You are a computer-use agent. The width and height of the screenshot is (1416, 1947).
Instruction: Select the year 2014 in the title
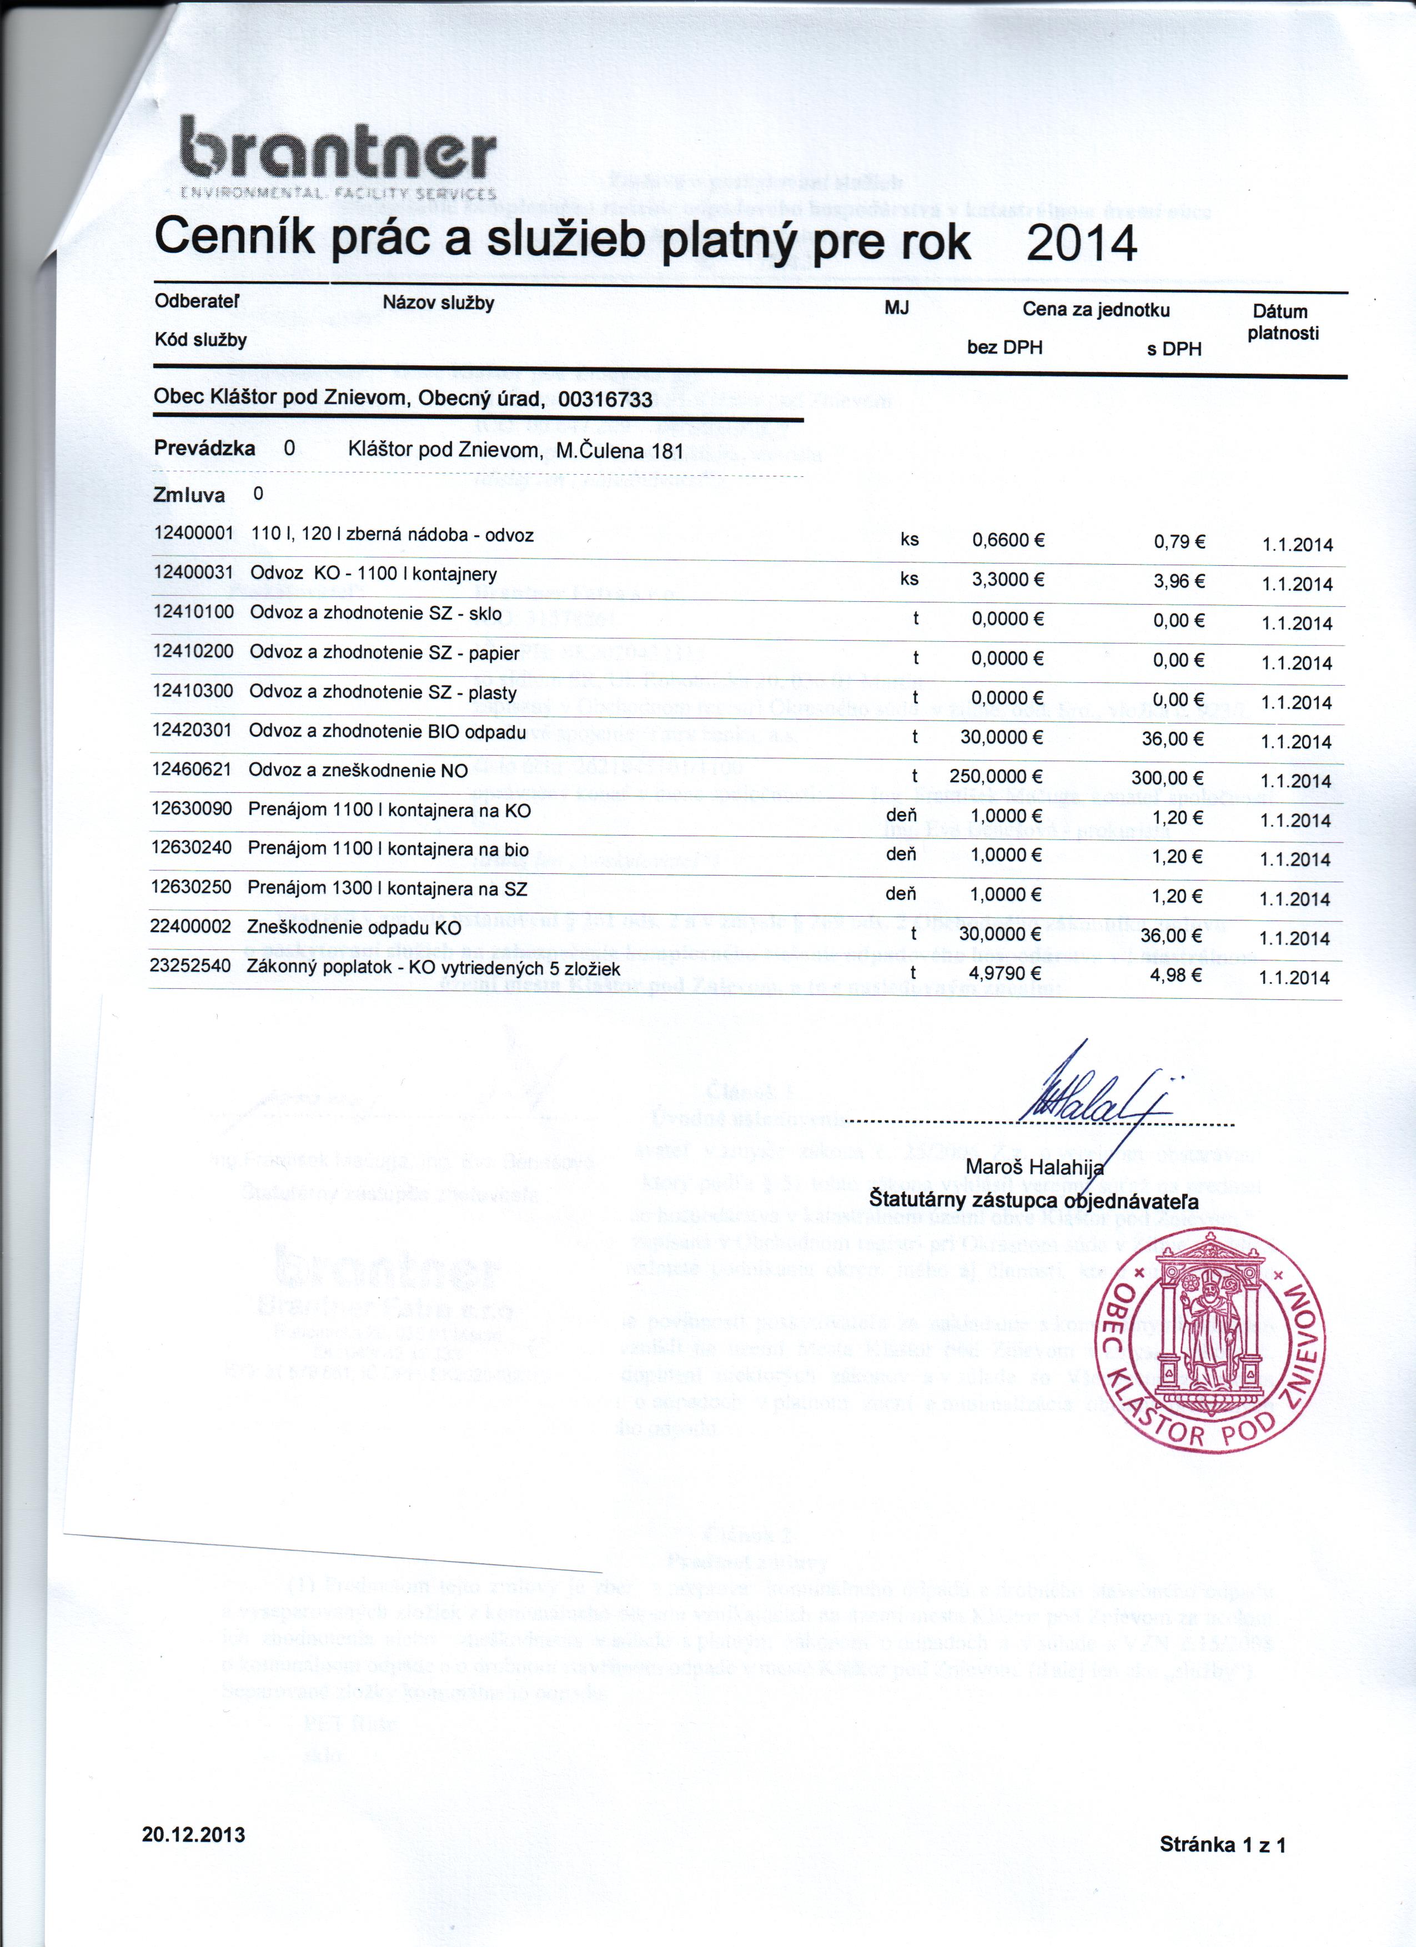point(1081,244)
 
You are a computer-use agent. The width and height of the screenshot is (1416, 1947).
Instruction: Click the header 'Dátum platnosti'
point(1282,322)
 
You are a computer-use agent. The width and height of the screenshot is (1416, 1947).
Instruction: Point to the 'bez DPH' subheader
point(1004,348)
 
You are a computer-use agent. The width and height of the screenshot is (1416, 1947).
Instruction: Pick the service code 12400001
point(193,533)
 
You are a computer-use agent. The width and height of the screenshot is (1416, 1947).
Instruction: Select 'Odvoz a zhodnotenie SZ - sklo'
point(375,613)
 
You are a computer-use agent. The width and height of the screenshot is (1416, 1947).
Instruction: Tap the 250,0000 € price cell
point(996,776)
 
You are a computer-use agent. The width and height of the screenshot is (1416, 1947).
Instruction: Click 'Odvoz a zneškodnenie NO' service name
point(357,770)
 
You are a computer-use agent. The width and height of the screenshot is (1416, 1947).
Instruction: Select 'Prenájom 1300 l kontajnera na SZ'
point(386,888)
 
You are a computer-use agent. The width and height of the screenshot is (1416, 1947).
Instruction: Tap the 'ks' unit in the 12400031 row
point(910,578)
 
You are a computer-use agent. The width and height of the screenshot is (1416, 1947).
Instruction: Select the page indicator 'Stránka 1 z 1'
point(1222,1844)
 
